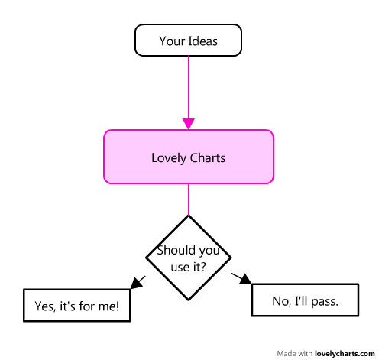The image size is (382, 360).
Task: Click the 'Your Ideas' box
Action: tap(188, 41)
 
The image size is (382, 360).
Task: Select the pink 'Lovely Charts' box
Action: tap(189, 157)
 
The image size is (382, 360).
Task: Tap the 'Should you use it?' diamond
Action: tap(189, 258)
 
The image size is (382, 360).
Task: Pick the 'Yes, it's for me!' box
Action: tap(77, 305)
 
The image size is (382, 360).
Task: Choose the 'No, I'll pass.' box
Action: tap(305, 300)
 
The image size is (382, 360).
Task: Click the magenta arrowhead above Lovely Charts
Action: tap(189, 124)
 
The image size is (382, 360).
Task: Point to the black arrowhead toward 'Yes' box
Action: tap(136, 284)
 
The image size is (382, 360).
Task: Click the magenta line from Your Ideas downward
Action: tap(189, 87)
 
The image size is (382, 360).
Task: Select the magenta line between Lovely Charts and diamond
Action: tap(189, 199)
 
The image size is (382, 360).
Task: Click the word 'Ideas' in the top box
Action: tap(203, 41)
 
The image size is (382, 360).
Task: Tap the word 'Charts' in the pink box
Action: tap(208, 158)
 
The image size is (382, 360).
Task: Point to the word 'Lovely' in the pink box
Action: tap(169, 158)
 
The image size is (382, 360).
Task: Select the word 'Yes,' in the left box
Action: tap(45, 306)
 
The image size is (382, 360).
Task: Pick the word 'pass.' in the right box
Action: tap(325, 302)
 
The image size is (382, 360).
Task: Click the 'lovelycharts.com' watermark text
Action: tap(345, 354)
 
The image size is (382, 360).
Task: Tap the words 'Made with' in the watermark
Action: tap(294, 354)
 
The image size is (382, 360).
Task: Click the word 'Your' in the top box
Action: tap(172, 41)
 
